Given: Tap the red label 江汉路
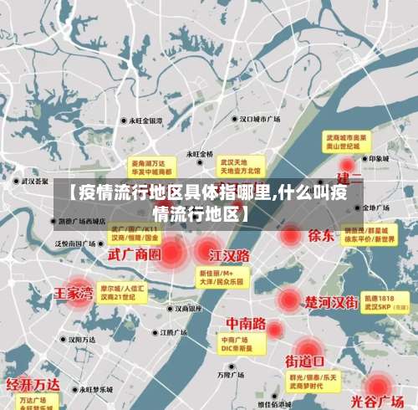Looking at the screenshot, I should click(x=231, y=254).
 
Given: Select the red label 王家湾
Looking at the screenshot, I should click(x=73, y=293).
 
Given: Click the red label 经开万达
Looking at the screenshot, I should click(x=33, y=384).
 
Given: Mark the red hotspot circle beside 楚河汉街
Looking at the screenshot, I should click(x=289, y=299).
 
